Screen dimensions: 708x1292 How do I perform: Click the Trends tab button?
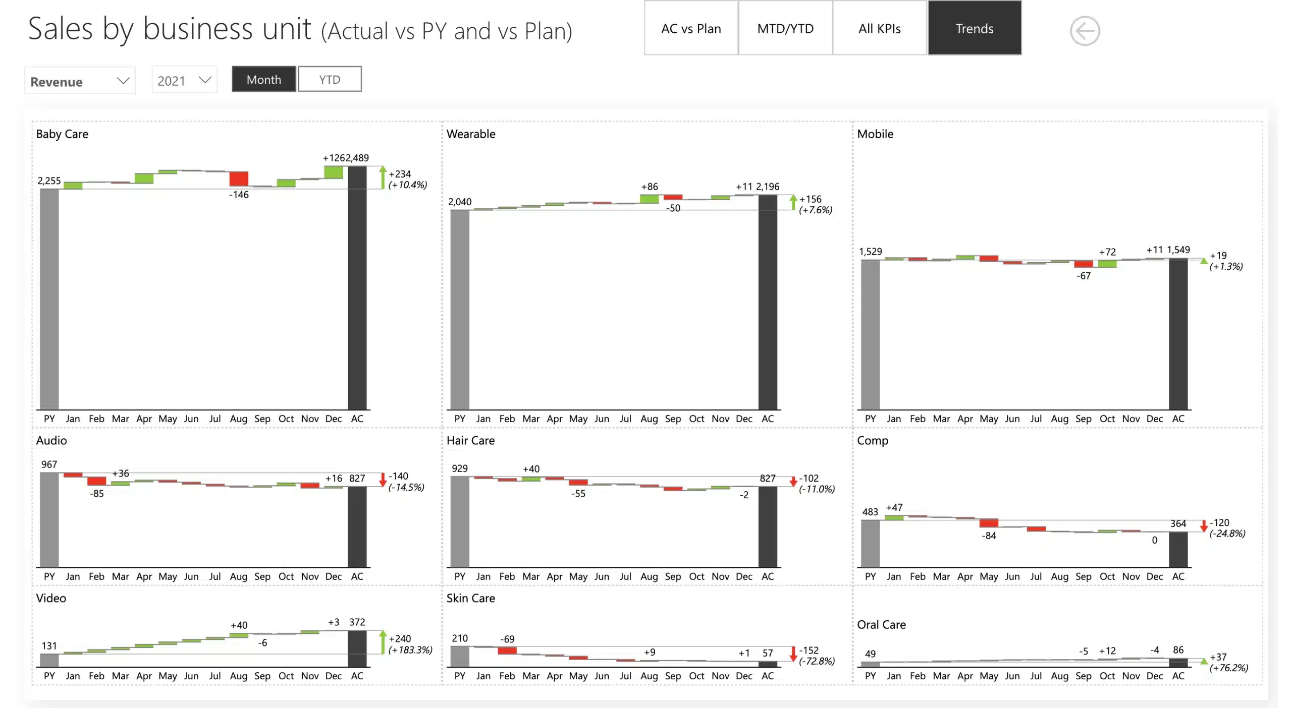[x=974, y=28]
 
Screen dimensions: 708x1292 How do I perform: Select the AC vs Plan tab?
[x=691, y=28]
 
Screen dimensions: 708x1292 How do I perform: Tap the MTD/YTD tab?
[x=785, y=28]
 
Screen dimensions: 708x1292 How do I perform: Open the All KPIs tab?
[x=879, y=28]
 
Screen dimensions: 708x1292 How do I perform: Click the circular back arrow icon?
[x=1085, y=31]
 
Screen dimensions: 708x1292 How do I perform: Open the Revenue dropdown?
[x=80, y=81]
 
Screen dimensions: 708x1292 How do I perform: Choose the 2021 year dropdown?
[x=184, y=80]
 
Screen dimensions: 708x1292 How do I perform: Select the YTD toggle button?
[x=330, y=79]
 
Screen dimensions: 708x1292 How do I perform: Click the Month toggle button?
[x=264, y=79]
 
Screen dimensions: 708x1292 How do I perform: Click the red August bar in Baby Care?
[x=239, y=179]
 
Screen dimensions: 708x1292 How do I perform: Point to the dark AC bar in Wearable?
[x=768, y=303]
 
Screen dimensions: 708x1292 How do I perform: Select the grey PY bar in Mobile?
[x=870, y=333]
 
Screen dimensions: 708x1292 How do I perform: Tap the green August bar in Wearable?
[x=649, y=199]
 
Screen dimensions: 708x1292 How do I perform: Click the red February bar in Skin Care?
[x=507, y=651]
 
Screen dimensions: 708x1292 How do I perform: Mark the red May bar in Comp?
[x=989, y=523]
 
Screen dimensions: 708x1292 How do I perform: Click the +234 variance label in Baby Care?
[x=400, y=174]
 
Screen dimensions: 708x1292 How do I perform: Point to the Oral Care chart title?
[x=881, y=625]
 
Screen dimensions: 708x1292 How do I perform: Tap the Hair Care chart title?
[x=470, y=441]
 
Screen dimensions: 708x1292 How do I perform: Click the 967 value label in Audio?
[x=49, y=464]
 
